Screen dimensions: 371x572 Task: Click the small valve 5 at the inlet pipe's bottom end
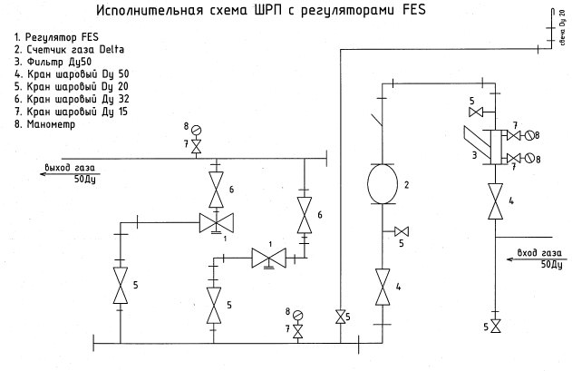[x=495, y=325]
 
